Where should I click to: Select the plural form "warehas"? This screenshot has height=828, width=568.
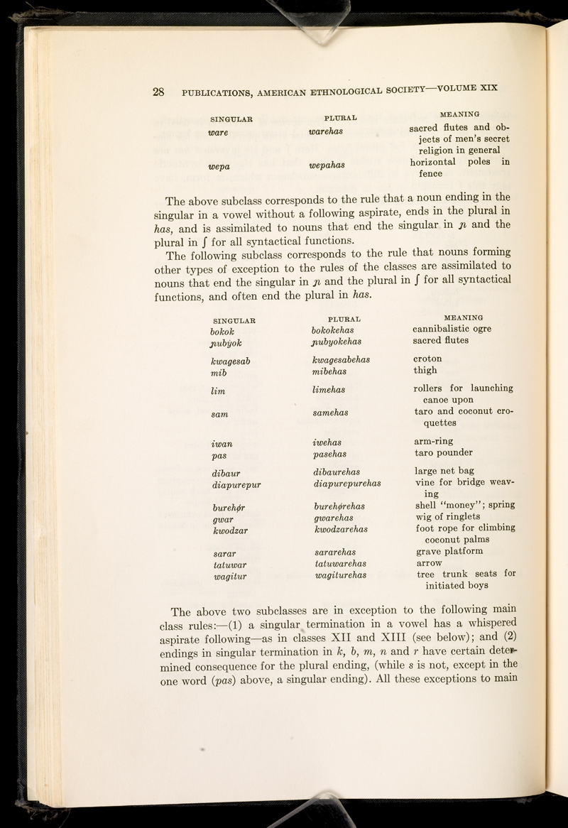tap(326, 131)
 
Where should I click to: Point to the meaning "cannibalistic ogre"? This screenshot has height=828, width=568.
tap(452, 329)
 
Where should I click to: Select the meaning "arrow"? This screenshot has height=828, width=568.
tap(429, 563)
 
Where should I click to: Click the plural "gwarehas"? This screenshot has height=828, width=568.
tap(334, 518)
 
